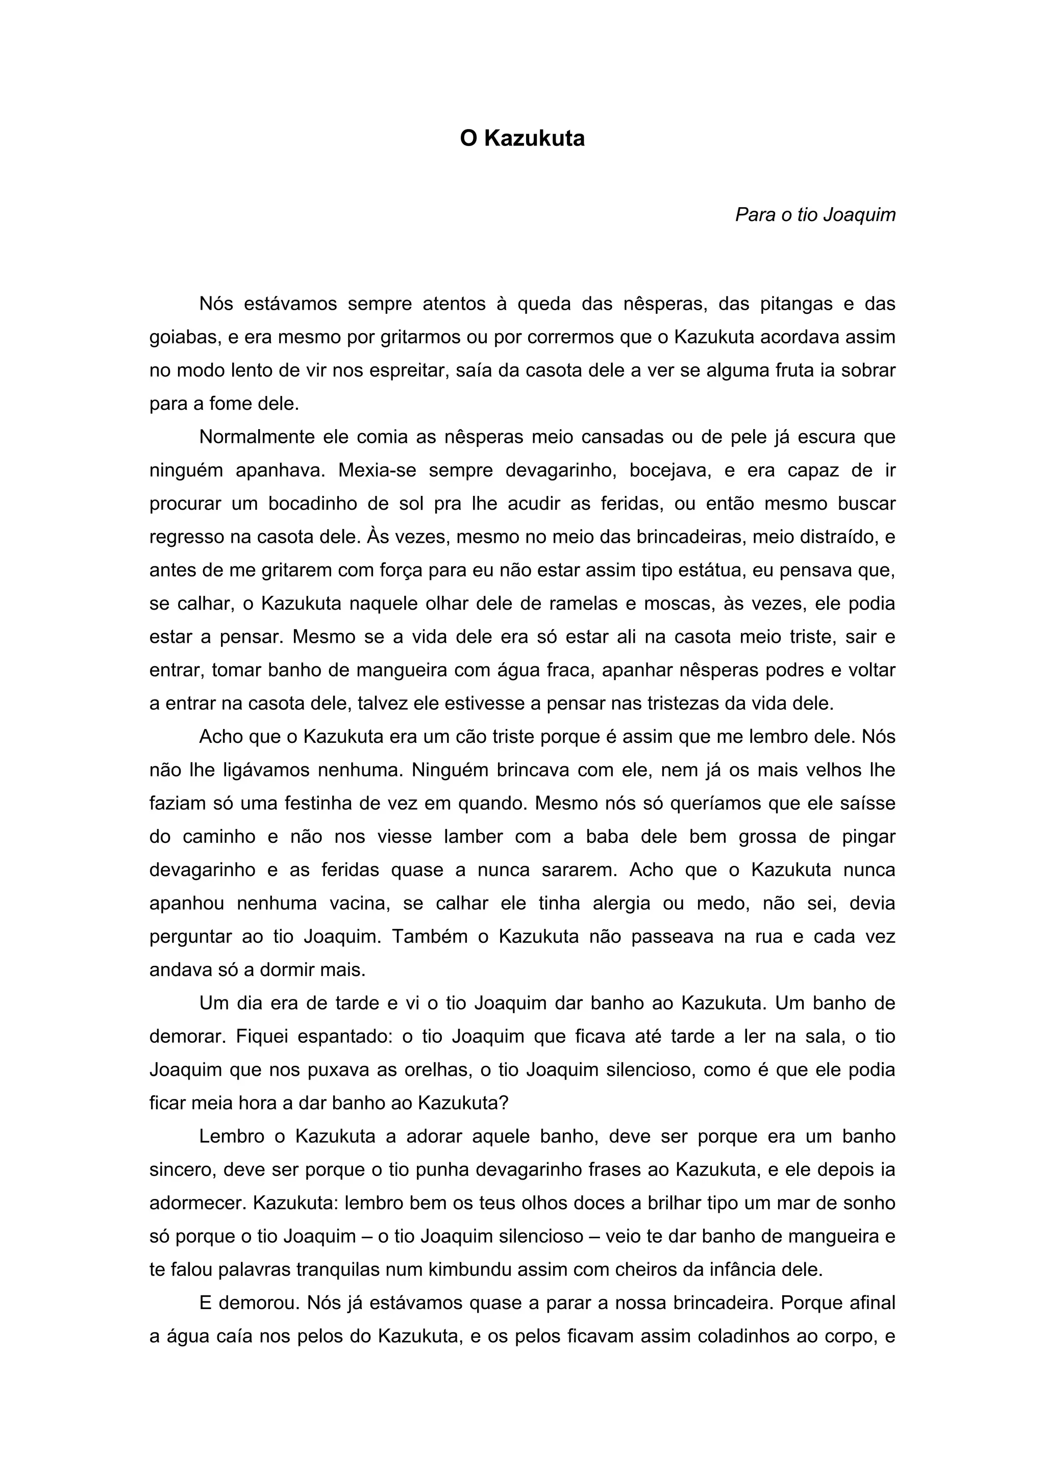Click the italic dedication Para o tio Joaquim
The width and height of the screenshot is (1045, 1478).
click(x=815, y=215)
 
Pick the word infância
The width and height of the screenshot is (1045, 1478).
click(x=740, y=1270)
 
